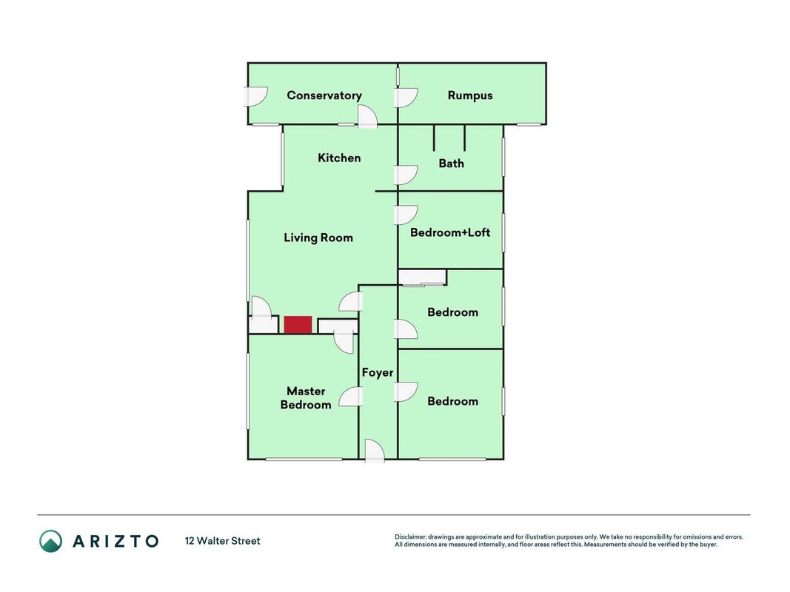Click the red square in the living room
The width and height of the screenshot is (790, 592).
click(298, 325)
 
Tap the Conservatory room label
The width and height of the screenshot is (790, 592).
click(324, 95)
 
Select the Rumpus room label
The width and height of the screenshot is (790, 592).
click(470, 95)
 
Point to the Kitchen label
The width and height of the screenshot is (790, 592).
click(339, 158)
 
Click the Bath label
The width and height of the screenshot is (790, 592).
click(451, 163)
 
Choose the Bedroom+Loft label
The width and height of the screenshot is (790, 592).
click(450, 232)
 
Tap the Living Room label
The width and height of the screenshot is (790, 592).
click(318, 238)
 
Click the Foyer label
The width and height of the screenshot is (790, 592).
click(378, 372)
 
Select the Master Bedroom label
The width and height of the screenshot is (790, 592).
click(306, 397)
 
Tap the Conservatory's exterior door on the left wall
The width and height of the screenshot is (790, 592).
click(255, 97)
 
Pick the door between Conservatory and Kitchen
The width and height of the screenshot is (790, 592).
click(368, 117)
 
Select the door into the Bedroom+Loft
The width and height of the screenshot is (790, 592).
click(405, 215)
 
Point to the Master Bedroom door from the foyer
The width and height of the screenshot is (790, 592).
click(351, 397)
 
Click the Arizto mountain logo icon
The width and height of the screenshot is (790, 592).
click(51, 541)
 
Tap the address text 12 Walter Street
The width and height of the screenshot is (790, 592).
click(223, 541)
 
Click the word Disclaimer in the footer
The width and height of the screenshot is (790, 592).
click(410, 536)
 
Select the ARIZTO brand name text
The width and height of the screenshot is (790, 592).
click(116, 541)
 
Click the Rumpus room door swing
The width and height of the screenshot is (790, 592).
click(405, 98)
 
